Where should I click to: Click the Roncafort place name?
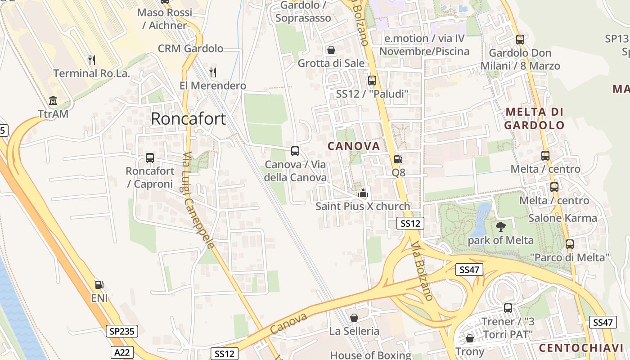(188, 118)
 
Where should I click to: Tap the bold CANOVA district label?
(354, 146)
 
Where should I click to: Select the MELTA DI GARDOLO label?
(534, 118)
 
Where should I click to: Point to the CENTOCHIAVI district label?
(580, 348)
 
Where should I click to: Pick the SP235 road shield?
(122, 332)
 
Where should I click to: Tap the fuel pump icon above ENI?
(99, 284)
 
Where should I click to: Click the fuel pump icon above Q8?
(398, 159)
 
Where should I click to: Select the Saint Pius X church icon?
(363, 194)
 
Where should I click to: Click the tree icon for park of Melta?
(500, 226)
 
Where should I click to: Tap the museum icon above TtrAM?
(53, 100)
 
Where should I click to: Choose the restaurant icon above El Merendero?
(213, 72)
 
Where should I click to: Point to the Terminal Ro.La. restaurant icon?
(92, 60)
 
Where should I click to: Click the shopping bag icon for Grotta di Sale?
(331, 49)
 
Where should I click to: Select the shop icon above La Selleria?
(354, 318)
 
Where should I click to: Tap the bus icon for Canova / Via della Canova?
(295, 151)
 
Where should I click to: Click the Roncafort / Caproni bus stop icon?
(150, 158)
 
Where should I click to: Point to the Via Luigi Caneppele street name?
(198, 200)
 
